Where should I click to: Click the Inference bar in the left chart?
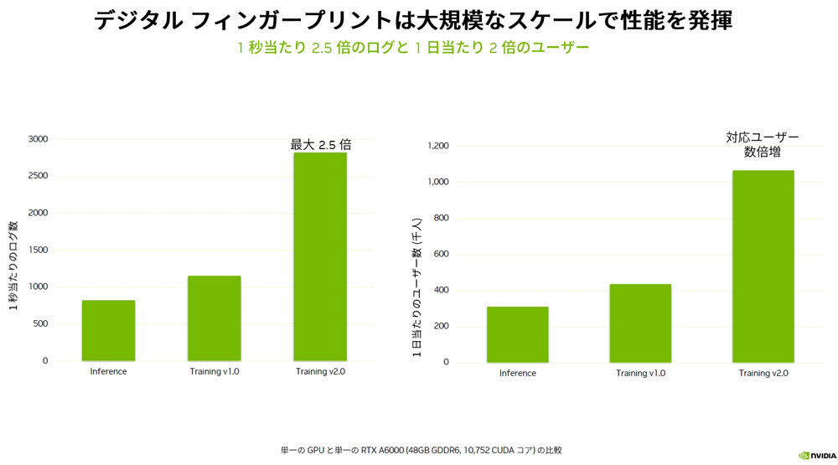pyautogui.click(x=108, y=330)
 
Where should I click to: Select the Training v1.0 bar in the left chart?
pyautogui.click(x=214, y=318)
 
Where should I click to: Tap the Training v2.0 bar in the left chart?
pyautogui.click(x=320, y=256)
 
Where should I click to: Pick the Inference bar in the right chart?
pyautogui.click(x=517, y=334)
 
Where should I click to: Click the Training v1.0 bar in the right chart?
pyautogui.click(x=640, y=323)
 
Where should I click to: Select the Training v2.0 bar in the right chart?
pyautogui.click(x=763, y=266)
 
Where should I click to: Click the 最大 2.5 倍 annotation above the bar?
pyautogui.click(x=320, y=145)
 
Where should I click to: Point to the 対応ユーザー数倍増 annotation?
pyautogui.click(x=763, y=144)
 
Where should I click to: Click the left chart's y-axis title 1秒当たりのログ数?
pyautogui.click(x=14, y=266)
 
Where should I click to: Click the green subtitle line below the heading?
pyautogui.click(x=413, y=48)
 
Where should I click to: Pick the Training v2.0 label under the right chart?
pyautogui.click(x=763, y=373)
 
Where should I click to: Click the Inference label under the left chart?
pyautogui.click(x=108, y=371)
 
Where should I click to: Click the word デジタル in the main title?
pyautogui.click(x=136, y=21)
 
